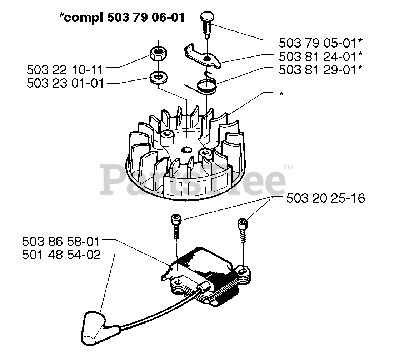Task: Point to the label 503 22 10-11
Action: (65, 69)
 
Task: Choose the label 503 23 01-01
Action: (65, 83)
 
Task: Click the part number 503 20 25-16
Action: (325, 198)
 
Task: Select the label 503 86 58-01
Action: (60, 242)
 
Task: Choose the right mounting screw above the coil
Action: (243, 229)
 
